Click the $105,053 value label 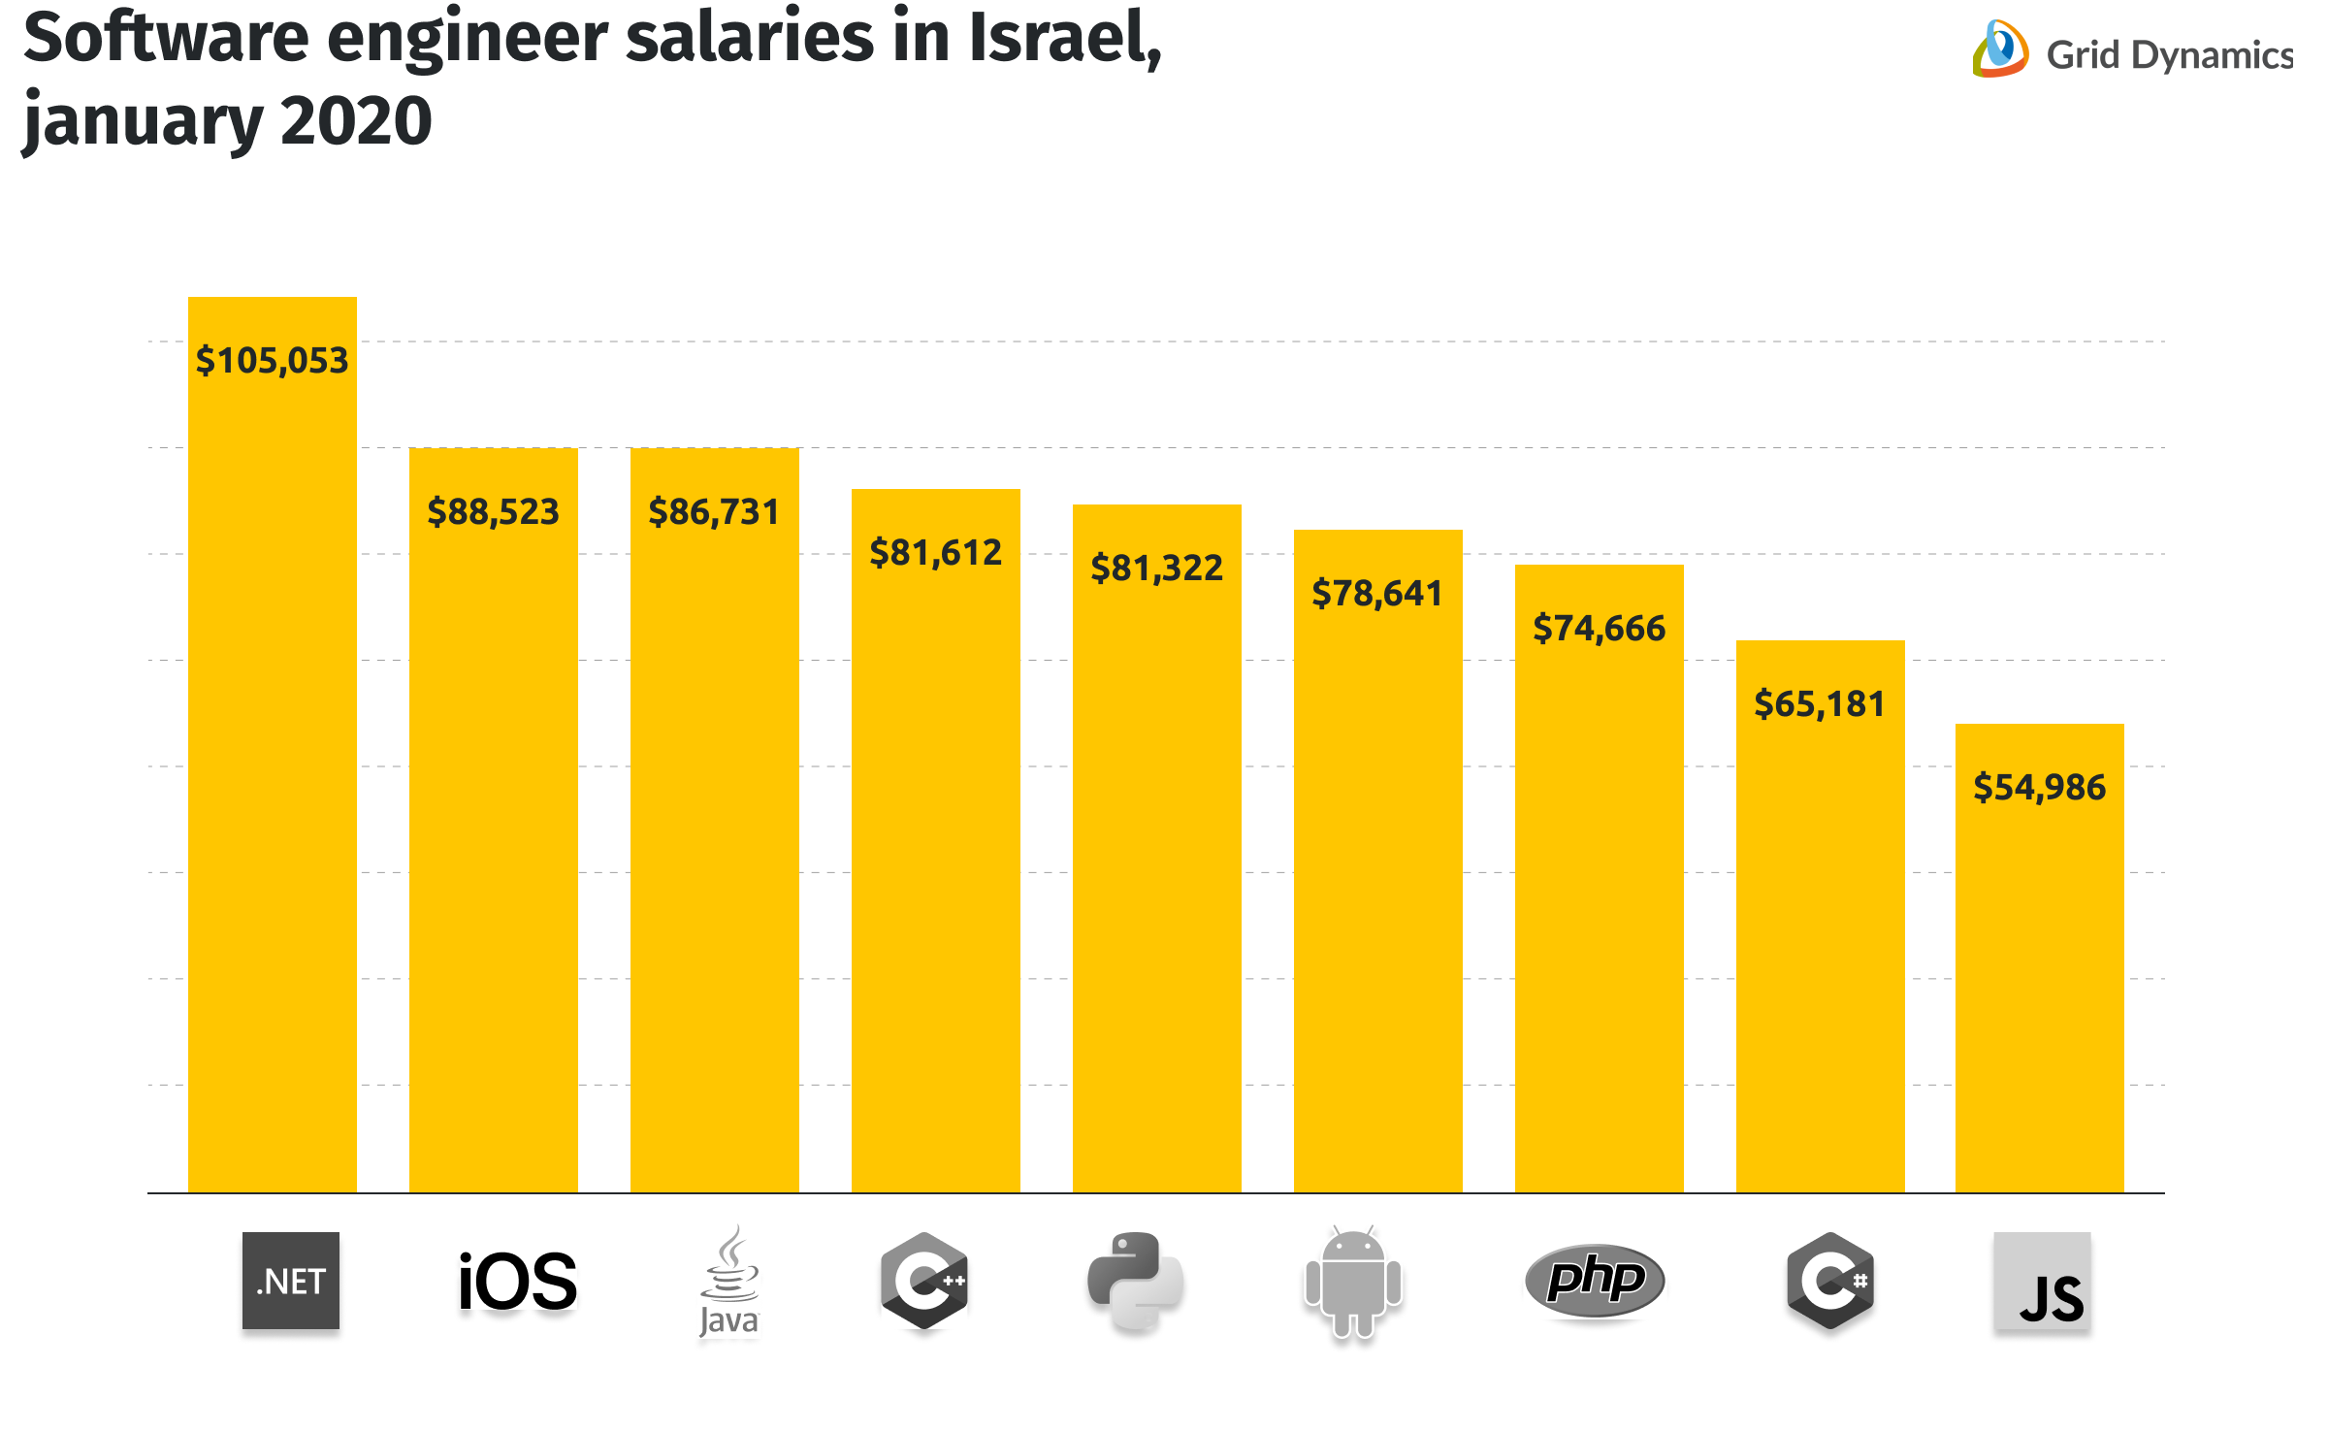(272, 361)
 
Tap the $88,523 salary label (493, 512)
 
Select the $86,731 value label (714, 512)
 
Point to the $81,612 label (935, 553)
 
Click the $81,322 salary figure (1156, 569)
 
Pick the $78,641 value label (1377, 594)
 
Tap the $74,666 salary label (1599, 629)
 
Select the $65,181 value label (1820, 704)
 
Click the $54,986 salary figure (2039, 788)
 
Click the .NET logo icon (291, 1281)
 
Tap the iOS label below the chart (517, 1282)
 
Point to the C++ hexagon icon (924, 1281)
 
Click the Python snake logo (1135, 1281)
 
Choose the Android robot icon (1353, 1282)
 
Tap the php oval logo (1595, 1281)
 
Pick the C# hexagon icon (1830, 1281)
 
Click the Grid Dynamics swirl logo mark (2000, 49)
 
